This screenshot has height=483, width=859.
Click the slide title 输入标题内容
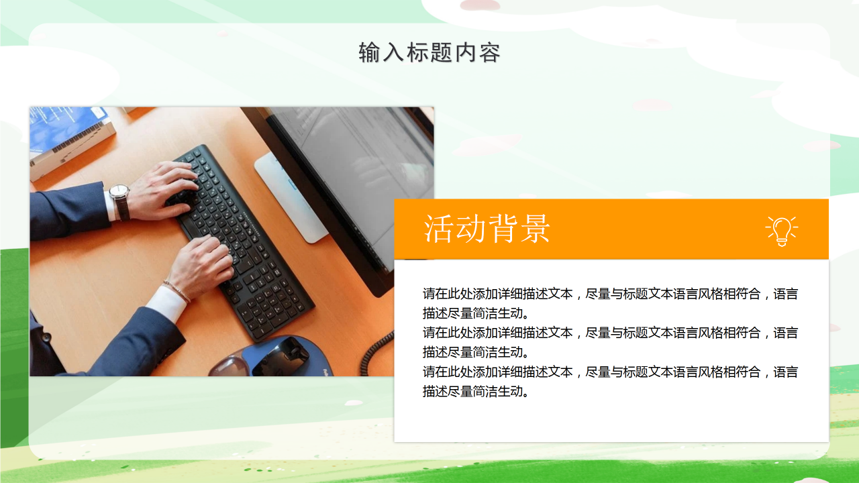coord(429,52)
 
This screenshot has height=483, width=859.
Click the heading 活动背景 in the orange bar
coord(487,229)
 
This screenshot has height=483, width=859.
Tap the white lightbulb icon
coord(781,230)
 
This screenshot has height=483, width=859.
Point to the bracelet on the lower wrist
coord(176,290)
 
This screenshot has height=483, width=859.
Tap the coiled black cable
coord(376,352)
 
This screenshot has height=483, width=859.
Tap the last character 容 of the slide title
coord(490,52)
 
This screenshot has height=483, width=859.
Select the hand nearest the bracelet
coord(201,265)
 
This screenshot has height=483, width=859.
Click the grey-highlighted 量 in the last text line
coord(466,392)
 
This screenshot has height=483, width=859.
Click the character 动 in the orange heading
coord(470,229)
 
